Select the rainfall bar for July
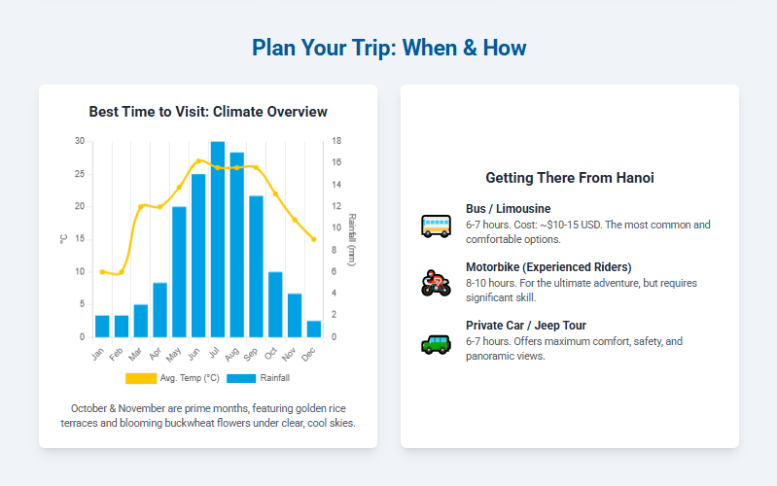218,239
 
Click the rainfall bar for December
314,329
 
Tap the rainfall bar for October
275,304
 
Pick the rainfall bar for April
160,310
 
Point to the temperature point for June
198,161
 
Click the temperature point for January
102,272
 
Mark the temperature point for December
314,239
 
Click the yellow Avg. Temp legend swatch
141,378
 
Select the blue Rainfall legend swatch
241,378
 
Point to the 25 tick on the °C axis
80,174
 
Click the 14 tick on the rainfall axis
336,185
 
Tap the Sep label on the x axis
251,354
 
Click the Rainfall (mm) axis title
352,240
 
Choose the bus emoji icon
436,226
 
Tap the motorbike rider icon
436,284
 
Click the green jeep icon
436,344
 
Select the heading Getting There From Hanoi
570,178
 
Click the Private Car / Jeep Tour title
526,326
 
